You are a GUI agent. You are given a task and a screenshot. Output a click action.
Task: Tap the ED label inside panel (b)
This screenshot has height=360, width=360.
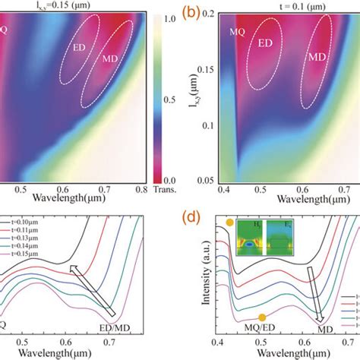pos(266,43)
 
